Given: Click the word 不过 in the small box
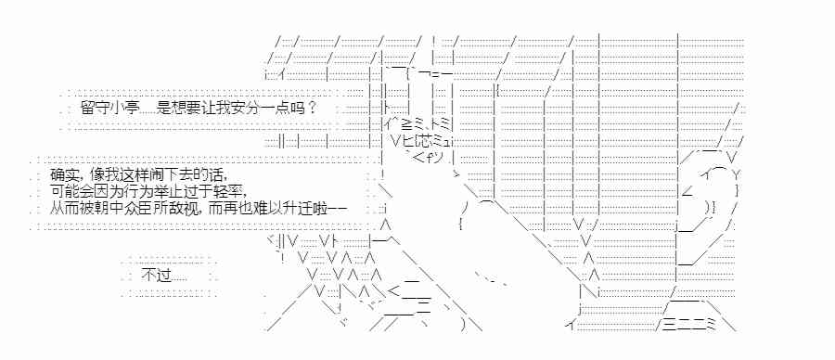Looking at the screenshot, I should [x=154, y=275].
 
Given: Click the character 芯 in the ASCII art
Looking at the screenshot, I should [x=425, y=141].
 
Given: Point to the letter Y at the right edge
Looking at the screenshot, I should [x=734, y=174].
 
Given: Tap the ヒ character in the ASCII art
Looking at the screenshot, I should [x=408, y=141].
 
